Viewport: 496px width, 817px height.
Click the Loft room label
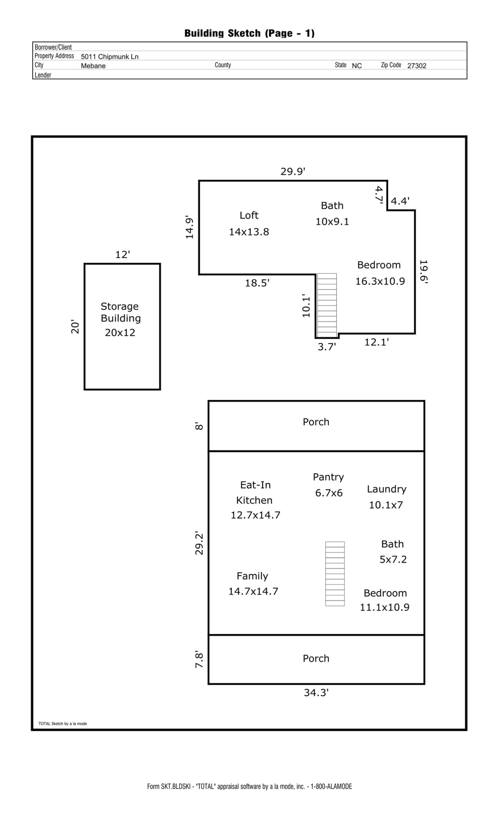coord(249,223)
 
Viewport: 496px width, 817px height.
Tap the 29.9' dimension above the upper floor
coord(293,172)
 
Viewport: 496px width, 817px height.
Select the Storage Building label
coord(121,319)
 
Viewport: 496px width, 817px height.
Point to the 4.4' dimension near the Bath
coord(400,201)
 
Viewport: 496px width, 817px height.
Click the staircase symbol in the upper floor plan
coord(327,305)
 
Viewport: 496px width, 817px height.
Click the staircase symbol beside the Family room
coord(335,574)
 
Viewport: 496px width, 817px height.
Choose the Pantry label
coord(328,484)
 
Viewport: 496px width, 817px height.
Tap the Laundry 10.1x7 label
coord(386,497)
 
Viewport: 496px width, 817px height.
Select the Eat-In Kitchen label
coord(255,500)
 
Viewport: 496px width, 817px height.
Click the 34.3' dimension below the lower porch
coord(316,693)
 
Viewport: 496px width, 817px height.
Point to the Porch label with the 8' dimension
coord(316,422)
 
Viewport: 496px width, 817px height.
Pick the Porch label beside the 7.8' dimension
coord(316,659)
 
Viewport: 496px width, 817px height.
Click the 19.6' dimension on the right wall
coord(423,272)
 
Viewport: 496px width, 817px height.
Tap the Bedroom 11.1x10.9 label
coord(385,600)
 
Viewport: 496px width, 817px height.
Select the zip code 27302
coord(416,66)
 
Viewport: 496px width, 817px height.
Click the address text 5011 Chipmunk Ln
coord(109,57)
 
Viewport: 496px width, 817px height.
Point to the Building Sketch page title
coord(249,33)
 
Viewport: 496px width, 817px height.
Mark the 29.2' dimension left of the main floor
coord(199,543)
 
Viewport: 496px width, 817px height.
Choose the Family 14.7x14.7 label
coord(253,583)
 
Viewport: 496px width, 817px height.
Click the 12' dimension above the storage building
coord(123,255)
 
